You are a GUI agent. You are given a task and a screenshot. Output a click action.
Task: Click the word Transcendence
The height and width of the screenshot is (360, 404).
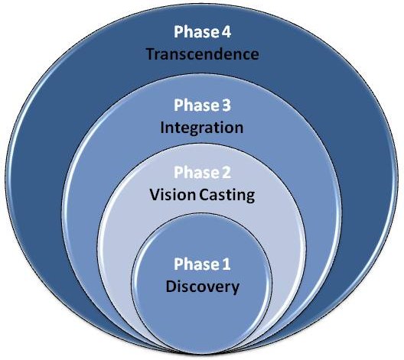[203, 54]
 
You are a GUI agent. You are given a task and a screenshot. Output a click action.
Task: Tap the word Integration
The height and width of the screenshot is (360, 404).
[202, 128]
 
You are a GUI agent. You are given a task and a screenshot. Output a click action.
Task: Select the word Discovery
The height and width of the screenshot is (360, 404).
[203, 287]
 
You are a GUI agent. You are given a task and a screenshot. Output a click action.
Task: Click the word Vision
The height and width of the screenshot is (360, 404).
[173, 195]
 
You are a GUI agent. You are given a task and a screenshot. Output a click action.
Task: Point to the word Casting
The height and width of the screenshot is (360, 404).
[227, 196]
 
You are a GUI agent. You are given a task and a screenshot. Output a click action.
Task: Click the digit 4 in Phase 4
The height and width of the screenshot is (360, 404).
[226, 32]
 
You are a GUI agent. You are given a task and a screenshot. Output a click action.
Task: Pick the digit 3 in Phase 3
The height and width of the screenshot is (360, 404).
[226, 105]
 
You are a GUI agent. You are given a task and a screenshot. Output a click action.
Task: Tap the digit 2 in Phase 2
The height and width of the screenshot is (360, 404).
[226, 173]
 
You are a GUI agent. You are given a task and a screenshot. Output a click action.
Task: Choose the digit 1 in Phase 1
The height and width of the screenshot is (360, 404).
[226, 264]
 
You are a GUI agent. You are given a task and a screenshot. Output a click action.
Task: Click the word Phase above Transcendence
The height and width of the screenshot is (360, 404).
[196, 32]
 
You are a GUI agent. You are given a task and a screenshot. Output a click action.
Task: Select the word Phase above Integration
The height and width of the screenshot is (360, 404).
[196, 105]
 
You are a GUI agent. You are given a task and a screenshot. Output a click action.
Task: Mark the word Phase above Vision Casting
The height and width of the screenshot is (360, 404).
[196, 173]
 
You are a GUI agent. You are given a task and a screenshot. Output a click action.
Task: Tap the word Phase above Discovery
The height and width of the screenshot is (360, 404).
[196, 264]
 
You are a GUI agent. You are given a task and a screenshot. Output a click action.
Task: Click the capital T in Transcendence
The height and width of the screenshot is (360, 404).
[151, 54]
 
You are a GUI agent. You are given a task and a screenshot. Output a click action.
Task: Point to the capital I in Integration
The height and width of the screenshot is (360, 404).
[162, 128]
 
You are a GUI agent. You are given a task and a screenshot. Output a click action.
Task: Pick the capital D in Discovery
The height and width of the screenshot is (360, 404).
[171, 286]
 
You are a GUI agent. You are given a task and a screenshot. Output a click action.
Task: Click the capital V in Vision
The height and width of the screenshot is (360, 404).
[155, 195]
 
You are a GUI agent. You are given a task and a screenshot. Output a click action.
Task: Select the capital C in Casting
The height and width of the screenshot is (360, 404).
[205, 195]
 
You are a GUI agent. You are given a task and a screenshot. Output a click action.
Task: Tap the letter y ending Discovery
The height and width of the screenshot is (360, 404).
[235, 289]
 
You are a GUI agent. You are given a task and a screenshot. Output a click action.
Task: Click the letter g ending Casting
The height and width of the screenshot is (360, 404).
[250, 198]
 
